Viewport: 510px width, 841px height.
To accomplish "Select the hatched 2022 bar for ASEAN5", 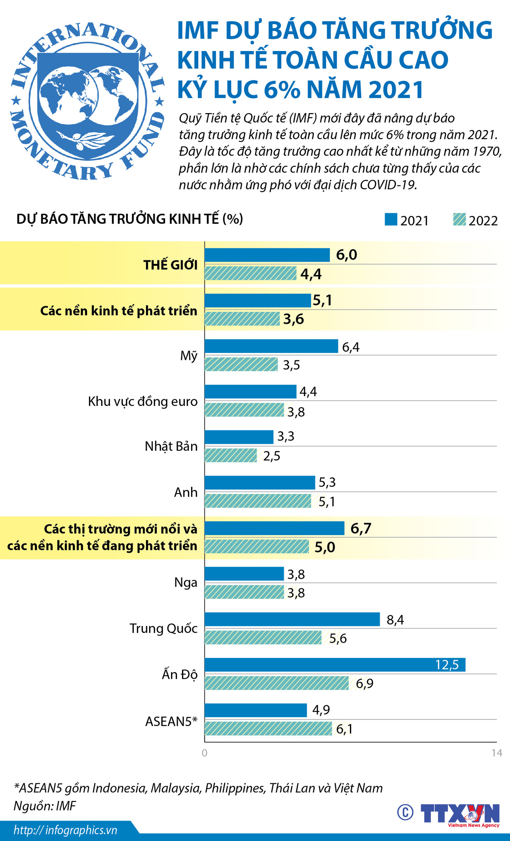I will click(268, 729).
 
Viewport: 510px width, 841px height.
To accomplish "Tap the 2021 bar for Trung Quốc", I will click(292, 619).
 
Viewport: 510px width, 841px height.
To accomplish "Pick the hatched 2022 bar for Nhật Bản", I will click(231, 455).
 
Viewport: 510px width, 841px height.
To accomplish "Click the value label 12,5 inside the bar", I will click(447, 665).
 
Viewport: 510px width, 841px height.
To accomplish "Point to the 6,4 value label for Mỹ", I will click(351, 347).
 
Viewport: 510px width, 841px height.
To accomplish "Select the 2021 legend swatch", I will click(391, 219).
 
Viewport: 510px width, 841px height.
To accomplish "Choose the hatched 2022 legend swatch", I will click(459, 219).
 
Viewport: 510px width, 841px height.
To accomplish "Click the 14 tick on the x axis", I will click(497, 753).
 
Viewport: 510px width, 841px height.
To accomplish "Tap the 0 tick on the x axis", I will click(204, 753).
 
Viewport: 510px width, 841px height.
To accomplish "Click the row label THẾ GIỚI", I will click(170, 265).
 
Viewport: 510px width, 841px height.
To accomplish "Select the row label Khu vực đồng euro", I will click(142, 401).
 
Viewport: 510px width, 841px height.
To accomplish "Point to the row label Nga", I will click(186, 582).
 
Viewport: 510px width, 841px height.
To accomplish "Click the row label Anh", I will click(186, 492).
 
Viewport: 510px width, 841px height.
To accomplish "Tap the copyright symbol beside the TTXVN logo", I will click(405, 812).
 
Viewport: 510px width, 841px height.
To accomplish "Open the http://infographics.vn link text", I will click(66, 830).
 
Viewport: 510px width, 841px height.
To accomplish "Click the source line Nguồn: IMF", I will click(45, 806).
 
